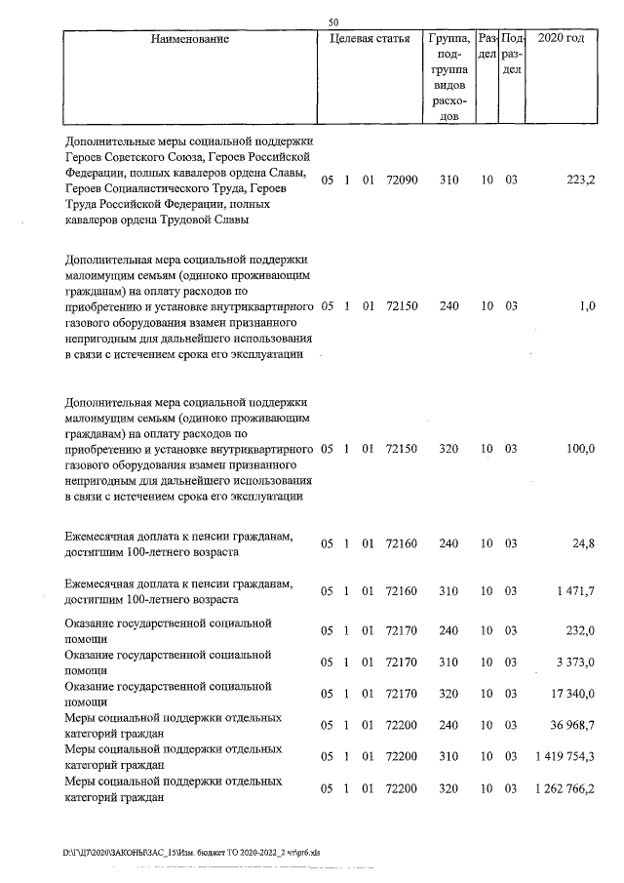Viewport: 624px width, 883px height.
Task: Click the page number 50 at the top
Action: click(333, 22)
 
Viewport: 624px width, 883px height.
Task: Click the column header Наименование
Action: click(190, 40)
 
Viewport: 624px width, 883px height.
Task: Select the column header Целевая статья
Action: click(370, 40)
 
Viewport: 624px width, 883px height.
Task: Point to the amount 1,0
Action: click(586, 306)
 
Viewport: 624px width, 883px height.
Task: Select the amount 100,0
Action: click(580, 449)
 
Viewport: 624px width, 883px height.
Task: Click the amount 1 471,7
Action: click(574, 591)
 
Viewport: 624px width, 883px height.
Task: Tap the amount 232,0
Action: click(580, 631)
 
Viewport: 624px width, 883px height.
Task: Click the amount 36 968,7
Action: click(571, 726)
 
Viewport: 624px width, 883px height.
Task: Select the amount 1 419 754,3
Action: click(564, 757)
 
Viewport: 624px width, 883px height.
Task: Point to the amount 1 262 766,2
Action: click(564, 788)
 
